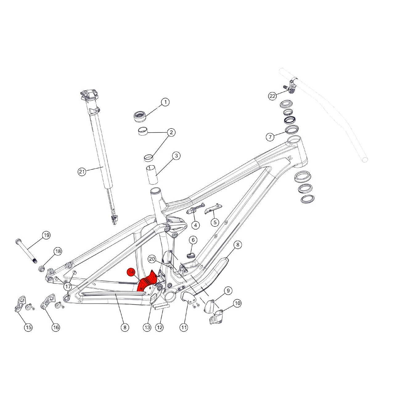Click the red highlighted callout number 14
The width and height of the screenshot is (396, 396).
pos(131,272)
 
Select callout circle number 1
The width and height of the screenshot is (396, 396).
pos(165,102)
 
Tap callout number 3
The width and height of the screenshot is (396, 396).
pos(176,156)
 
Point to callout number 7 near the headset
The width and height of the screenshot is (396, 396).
pos(270,137)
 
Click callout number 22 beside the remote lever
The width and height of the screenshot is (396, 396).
pos(272,96)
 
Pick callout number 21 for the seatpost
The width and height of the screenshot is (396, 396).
pos(82,172)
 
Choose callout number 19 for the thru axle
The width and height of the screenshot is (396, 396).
pos(46,235)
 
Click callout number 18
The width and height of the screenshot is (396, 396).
pos(58,251)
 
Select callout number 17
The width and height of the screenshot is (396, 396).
pos(68,287)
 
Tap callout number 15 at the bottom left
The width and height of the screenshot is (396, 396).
pos(28,327)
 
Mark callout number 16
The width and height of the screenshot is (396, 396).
pos(56,327)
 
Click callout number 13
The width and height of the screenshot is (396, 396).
pos(147,327)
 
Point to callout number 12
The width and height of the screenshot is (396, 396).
pos(159,327)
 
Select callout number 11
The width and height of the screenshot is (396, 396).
pos(184,327)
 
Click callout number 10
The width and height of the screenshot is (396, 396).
pos(237,303)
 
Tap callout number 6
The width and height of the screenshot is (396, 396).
pos(193,240)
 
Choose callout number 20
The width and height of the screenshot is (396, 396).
pos(152,259)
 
